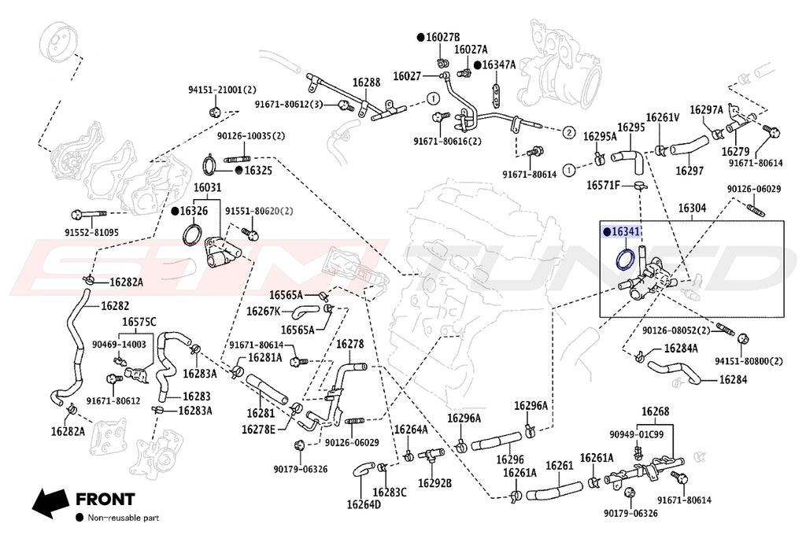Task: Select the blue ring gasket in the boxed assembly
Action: [625, 259]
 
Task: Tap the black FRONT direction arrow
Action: [49, 500]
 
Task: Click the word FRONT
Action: [105, 499]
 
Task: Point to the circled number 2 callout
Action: [568, 132]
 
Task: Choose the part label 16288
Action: [366, 82]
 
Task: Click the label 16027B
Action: [442, 37]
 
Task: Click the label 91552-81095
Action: [92, 232]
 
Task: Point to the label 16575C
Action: [139, 322]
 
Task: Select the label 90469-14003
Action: [118, 344]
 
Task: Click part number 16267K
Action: [263, 311]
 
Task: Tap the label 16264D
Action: [364, 504]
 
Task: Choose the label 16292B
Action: [434, 482]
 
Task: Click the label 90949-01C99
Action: [636, 434]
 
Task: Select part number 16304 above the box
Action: [693, 208]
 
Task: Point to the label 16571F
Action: [604, 186]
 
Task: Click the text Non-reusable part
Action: [123, 518]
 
